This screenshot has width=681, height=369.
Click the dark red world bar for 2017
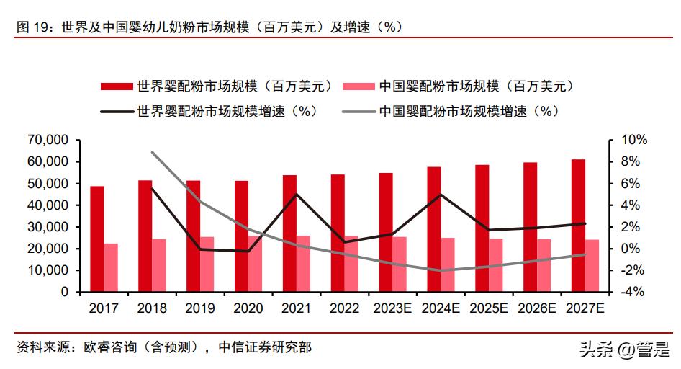coord(96,239)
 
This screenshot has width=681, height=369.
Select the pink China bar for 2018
coord(158,265)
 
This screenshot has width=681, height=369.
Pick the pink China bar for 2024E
coord(448,264)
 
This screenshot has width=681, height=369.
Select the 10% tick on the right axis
coord(623,140)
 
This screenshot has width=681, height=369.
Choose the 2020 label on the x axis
coord(248,308)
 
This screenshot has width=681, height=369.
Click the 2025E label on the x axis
coord(489,308)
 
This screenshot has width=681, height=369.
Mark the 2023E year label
coord(392,308)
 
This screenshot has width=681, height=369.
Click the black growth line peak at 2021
coord(296,194)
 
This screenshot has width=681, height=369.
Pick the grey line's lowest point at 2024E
coord(441,271)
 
